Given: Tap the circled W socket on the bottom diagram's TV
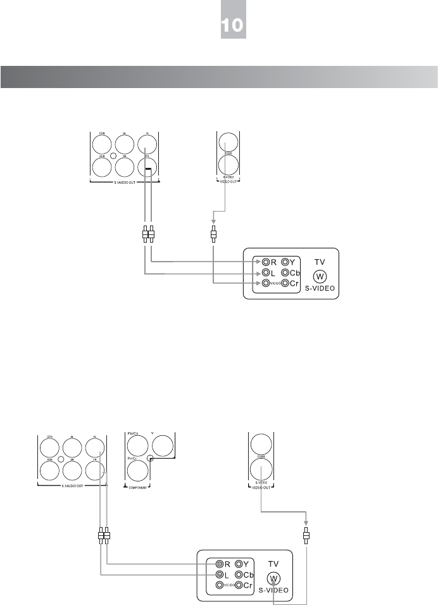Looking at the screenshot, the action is [273, 578].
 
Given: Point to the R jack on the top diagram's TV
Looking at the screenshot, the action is [267, 261].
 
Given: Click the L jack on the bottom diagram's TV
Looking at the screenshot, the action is [219, 574].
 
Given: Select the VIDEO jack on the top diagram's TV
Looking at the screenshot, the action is [267, 283].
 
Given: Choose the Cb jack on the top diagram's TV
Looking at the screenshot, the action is [285, 272].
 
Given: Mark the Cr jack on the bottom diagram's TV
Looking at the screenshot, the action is [239, 585].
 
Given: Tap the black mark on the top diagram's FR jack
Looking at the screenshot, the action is [147, 169].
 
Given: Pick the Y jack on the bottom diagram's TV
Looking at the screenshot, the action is [239, 563].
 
